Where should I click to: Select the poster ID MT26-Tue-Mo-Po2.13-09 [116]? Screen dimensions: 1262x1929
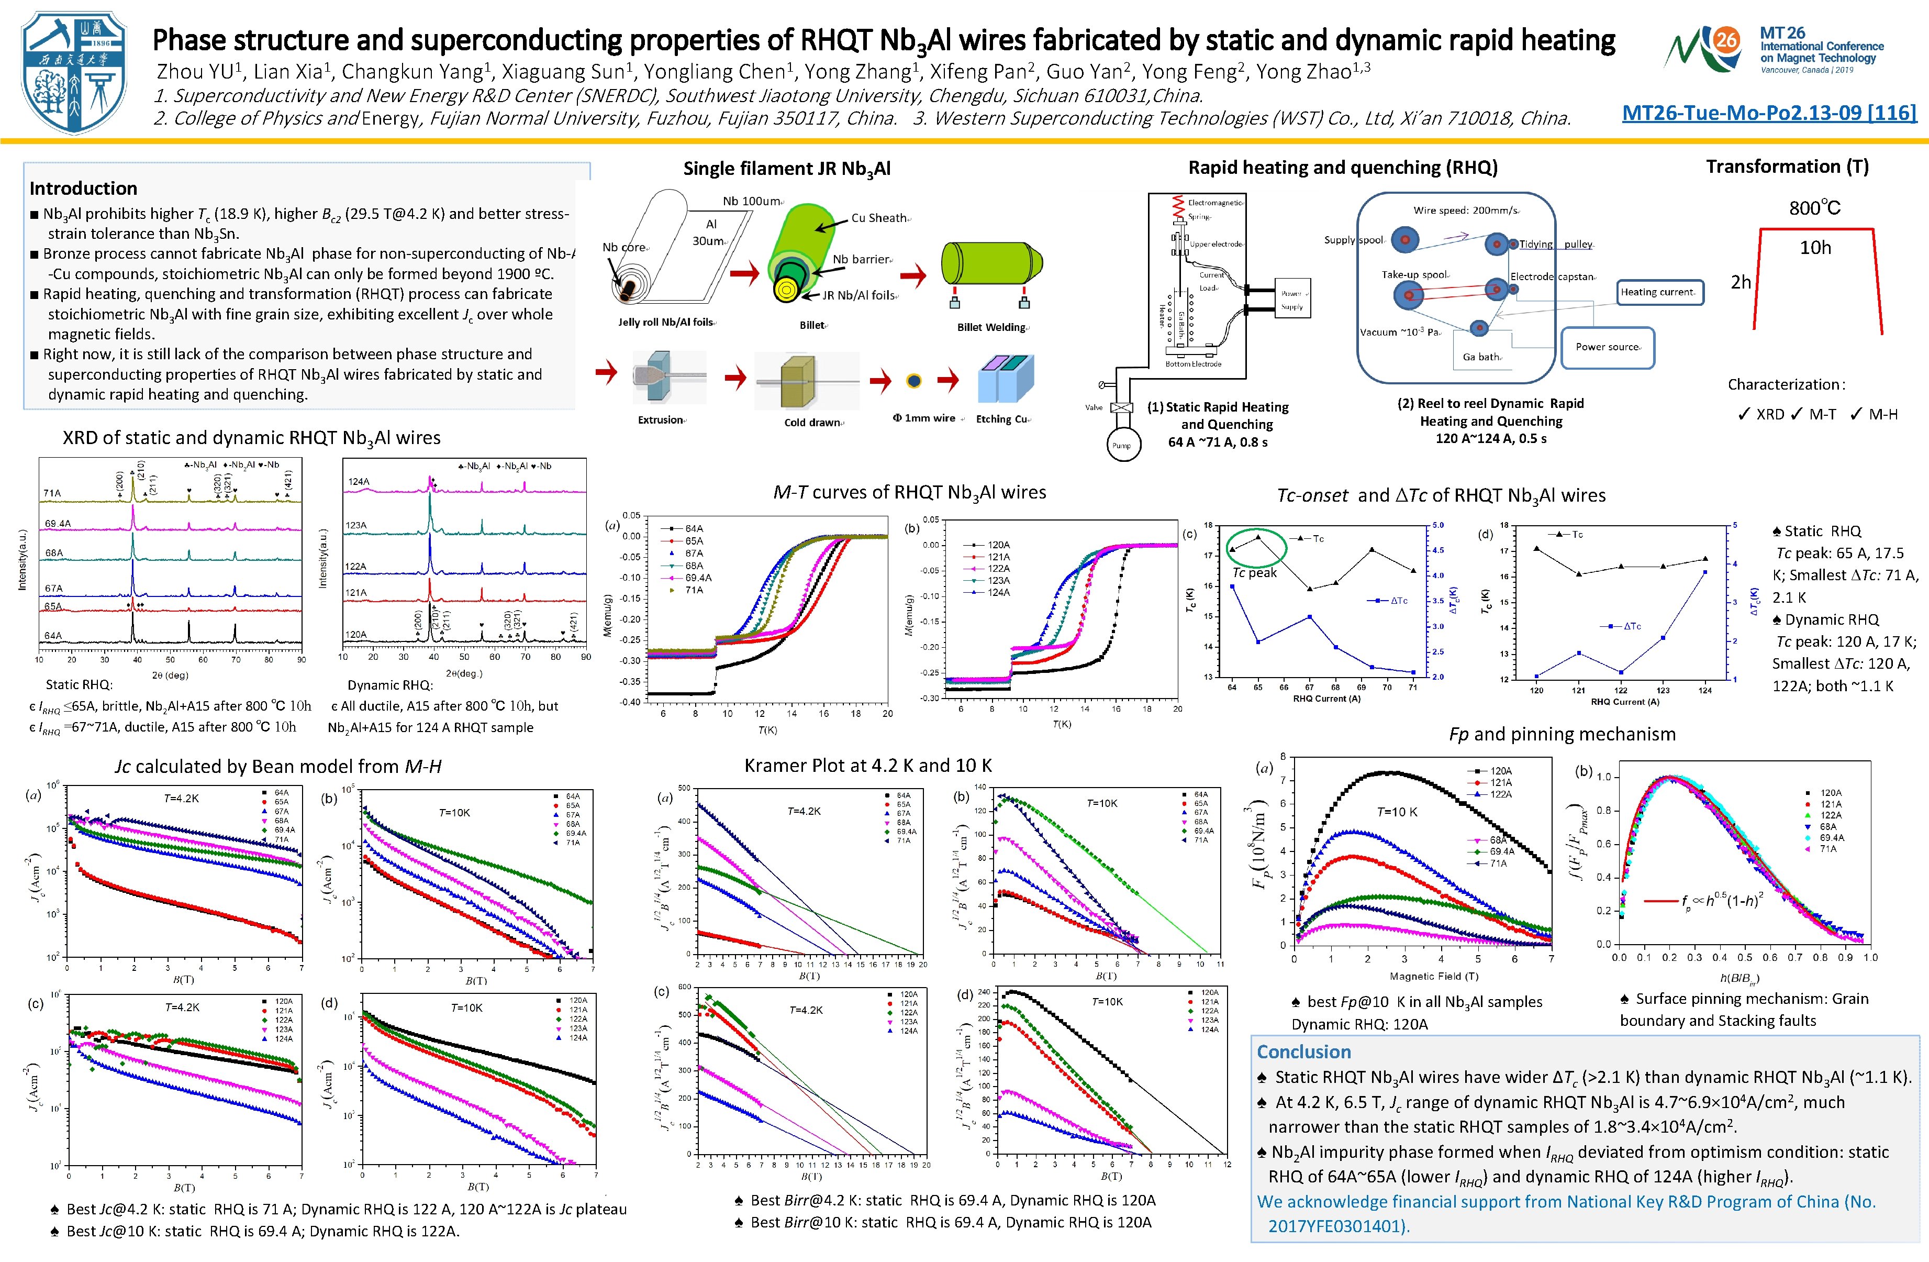click(1768, 113)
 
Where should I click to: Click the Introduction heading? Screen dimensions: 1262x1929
click(83, 188)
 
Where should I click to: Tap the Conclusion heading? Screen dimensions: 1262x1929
click(1303, 1051)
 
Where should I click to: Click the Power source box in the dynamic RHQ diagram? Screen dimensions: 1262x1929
click(1607, 347)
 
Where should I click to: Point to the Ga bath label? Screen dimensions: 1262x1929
click(1481, 357)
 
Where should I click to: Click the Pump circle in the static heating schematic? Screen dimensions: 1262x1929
click(1122, 445)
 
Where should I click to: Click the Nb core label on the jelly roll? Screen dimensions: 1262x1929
click(623, 247)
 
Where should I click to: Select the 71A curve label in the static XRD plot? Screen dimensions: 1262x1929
click(52, 493)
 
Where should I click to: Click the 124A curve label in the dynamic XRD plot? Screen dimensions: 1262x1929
click(358, 481)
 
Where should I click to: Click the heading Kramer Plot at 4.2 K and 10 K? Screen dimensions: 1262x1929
click(867, 765)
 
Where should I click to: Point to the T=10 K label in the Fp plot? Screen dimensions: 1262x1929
click(1397, 811)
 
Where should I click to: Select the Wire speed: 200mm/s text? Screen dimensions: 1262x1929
click(1465, 211)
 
